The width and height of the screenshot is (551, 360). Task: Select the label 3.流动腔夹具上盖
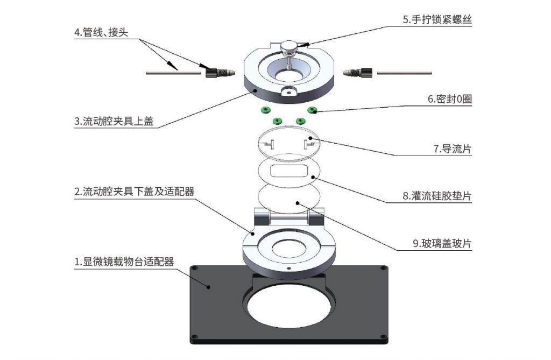point(114,121)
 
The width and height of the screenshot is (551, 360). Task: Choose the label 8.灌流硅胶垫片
point(437,196)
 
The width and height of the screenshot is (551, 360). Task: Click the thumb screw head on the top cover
point(291,47)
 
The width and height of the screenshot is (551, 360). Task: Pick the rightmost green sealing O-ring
point(312,110)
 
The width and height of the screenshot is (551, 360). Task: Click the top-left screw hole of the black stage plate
point(194,268)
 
